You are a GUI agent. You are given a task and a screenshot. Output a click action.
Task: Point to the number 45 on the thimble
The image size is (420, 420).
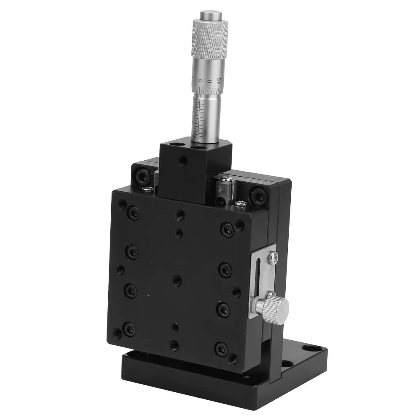coord(219,80)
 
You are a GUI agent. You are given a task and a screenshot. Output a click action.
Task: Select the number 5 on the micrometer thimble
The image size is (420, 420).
coord(201,79)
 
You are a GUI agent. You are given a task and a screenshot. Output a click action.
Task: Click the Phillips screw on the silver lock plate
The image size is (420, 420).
coord(273,258)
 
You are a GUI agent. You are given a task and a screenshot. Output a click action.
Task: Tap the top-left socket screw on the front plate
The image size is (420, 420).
coord(133,213)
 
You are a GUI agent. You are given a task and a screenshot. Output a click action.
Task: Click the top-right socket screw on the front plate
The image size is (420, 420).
coord(227,230)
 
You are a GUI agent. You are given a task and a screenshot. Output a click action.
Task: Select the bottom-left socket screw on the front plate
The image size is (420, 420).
coord(128,329)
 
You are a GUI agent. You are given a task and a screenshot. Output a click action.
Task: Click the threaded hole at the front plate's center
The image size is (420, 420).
coord(177,280)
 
